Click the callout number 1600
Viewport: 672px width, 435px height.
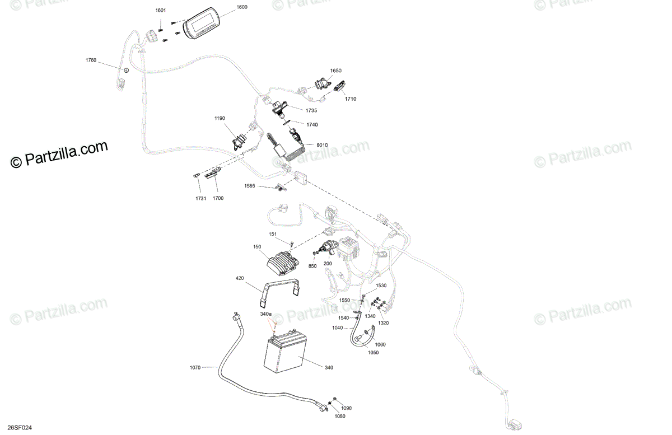(x=242, y=7)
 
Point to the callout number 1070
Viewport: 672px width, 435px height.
(x=195, y=367)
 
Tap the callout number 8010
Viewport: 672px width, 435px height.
(x=322, y=145)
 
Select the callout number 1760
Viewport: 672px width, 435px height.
(x=91, y=60)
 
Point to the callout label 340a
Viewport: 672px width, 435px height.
(x=265, y=314)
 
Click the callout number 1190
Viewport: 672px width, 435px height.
(x=220, y=118)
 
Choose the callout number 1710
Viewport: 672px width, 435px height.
(x=351, y=99)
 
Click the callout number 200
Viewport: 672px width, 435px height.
(x=328, y=263)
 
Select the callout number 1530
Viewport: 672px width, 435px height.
(x=381, y=286)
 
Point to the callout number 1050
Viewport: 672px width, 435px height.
(x=373, y=352)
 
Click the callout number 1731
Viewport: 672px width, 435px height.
(x=200, y=198)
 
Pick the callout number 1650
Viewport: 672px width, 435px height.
(x=335, y=71)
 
